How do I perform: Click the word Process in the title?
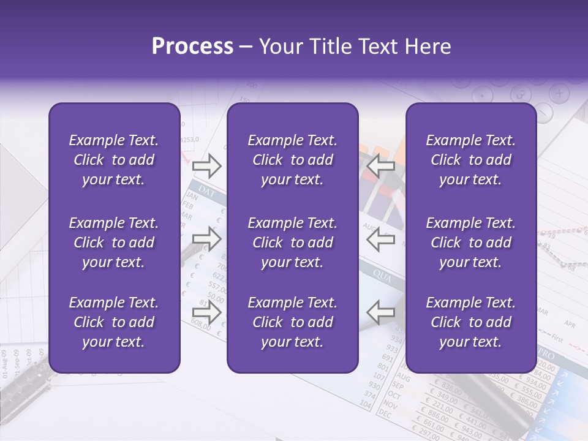pyautogui.click(x=192, y=47)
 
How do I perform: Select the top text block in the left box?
pyautogui.click(x=113, y=160)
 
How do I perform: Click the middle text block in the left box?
pyautogui.click(x=113, y=243)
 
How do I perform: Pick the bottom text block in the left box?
pyautogui.click(x=113, y=322)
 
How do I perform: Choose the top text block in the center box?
pyautogui.click(x=292, y=160)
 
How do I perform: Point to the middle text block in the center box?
pyautogui.click(x=292, y=243)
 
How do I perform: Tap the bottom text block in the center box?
pyautogui.click(x=292, y=322)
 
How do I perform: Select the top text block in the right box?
pyautogui.click(x=470, y=160)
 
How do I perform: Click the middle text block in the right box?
pyautogui.click(x=470, y=243)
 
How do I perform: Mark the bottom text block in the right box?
pyautogui.click(x=470, y=322)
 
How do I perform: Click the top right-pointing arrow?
pyautogui.click(x=206, y=165)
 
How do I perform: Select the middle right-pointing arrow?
pyautogui.click(x=206, y=239)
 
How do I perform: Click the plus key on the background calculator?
pyautogui.click(x=559, y=93)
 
